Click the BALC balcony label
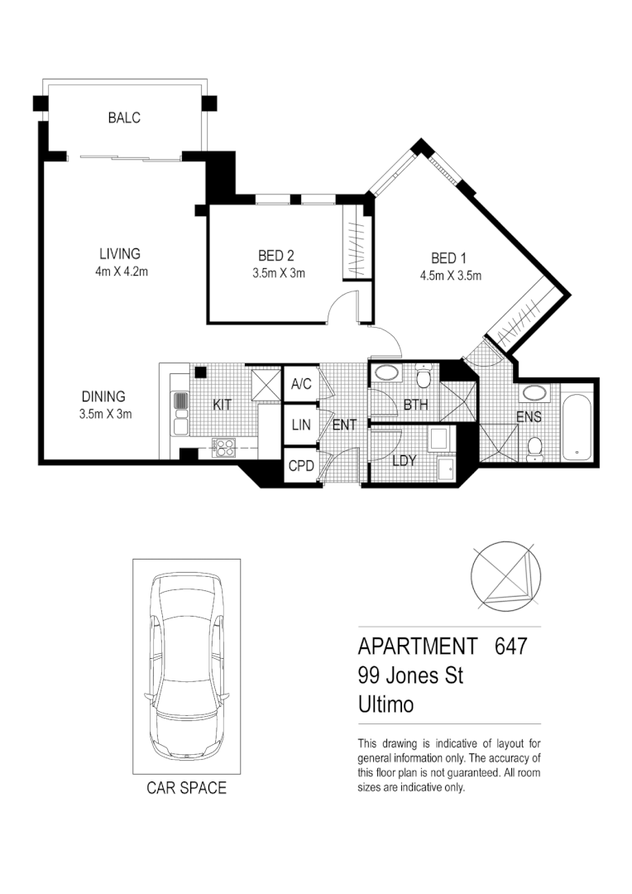(124, 118)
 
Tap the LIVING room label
(120, 254)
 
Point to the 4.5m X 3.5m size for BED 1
(451, 276)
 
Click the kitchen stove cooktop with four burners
(223, 447)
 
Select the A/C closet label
(299, 384)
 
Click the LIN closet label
(299, 425)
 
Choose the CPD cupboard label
(300, 466)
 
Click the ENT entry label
(343, 425)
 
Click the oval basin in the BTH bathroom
(385, 373)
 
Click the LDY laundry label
(404, 460)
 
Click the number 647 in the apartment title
(510, 646)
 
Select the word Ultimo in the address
(385, 704)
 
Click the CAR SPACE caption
(186, 788)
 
